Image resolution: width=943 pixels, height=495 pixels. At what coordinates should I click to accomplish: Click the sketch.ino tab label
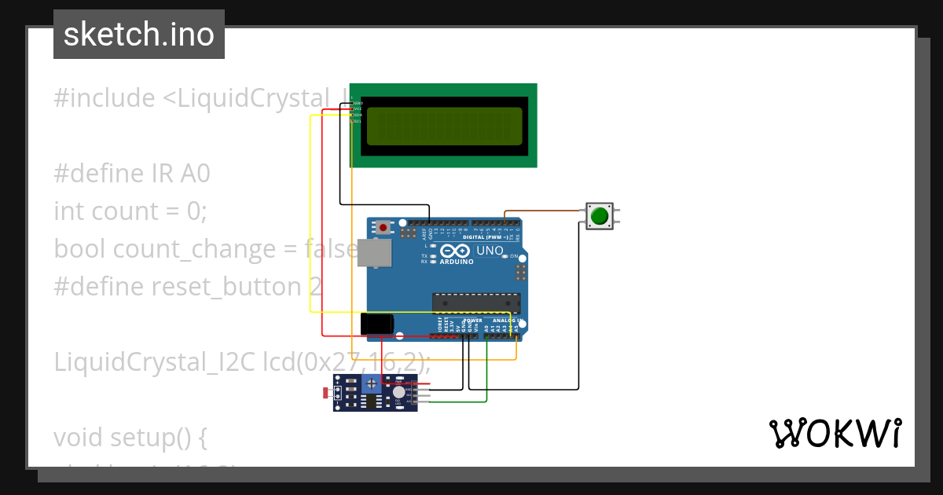[139, 35]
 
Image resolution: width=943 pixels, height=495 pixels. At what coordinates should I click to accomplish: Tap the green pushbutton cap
[600, 215]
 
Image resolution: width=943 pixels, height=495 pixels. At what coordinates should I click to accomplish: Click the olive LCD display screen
[444, 126]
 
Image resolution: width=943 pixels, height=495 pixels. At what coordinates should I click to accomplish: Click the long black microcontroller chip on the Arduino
[476, 303]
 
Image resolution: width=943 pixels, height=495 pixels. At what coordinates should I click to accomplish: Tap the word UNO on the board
[490, 251]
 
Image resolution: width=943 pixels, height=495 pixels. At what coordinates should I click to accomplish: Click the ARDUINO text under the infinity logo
[457, 262]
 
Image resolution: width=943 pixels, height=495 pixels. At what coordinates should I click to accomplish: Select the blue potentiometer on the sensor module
[370, 384]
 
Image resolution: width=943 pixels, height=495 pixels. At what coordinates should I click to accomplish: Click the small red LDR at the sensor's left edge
[326, 391]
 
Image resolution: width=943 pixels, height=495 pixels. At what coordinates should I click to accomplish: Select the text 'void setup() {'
[130, 437]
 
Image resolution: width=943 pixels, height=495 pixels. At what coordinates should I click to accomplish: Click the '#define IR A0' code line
[132, 173]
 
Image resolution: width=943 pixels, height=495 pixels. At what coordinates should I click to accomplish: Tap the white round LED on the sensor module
[399, 391]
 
